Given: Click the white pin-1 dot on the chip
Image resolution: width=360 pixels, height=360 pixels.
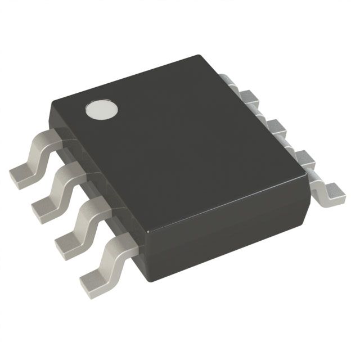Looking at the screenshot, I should pyautogui.click(x=101, y=109).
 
